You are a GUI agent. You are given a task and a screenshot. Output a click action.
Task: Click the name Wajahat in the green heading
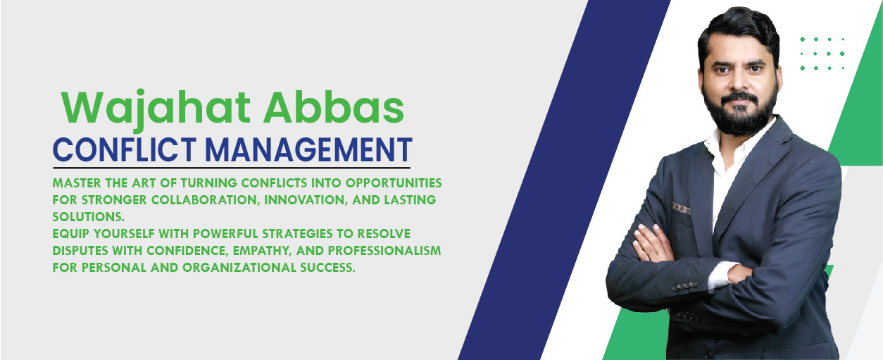pos(156,108)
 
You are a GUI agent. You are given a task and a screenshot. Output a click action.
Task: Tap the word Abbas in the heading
pos(334,107)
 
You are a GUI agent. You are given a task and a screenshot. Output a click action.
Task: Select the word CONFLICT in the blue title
pos(124,150)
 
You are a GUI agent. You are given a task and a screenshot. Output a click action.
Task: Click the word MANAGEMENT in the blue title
pos(308,150)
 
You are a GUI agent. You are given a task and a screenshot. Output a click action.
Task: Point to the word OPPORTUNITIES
pos(394,183)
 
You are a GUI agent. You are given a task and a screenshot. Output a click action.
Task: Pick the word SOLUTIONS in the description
pos(89,217)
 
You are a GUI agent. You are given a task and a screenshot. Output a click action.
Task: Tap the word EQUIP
pos(71,234)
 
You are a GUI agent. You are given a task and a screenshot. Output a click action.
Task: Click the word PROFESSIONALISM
pos(384,250)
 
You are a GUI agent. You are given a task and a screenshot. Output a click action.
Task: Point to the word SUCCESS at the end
pos(327,268)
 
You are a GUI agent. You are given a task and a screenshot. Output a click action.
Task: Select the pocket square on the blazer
pos(681,208)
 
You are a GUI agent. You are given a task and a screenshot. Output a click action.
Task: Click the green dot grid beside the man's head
pos(822,54)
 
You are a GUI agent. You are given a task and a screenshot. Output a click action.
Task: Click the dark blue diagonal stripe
pos(564,180)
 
